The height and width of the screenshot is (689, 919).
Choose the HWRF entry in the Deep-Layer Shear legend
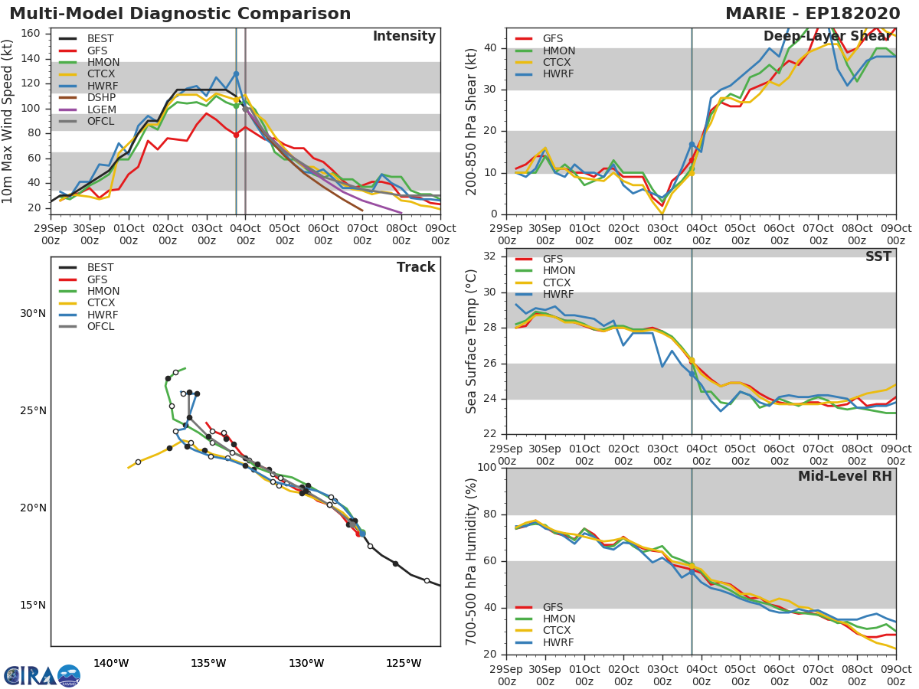tap(558, 74)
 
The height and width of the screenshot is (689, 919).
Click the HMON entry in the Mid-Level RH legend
tap(559, 619)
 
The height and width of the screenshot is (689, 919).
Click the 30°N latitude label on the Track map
tap(33, 314)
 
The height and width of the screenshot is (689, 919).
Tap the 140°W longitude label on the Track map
tap(111, 664)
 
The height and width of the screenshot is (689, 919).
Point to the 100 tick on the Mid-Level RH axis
tap(487, 468)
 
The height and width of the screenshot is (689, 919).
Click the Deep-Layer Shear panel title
tap(827, 37)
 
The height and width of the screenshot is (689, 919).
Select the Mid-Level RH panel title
tap(845, 477)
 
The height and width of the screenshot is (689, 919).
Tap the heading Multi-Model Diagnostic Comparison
tap(180, 14)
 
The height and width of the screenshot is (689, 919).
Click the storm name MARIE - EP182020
tap(817, 14)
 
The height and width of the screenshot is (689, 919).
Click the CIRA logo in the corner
tap(42, 675)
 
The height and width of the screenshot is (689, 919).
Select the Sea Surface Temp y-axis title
tap(472, 341)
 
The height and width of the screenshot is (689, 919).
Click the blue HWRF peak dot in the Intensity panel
tap(236, 74)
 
